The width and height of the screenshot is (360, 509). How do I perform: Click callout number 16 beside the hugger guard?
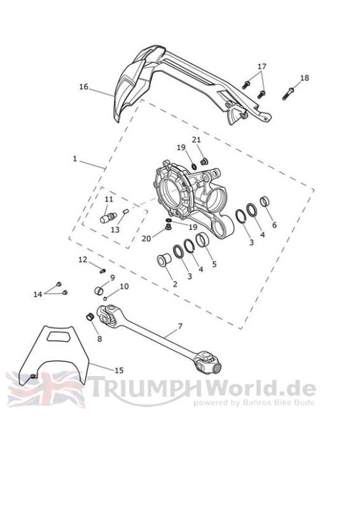pyautogui.click(x=83, y=87)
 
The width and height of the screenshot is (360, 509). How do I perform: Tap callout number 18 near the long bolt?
pyautogui.click(x=305, y=78)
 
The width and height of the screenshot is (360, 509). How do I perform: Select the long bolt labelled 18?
pyautogui.click(x=288, y=94)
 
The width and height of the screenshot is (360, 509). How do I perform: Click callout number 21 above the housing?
pyautogui.click(x=197, y=140)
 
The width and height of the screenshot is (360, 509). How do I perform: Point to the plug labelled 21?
pyautogui.click(x=204, y=161)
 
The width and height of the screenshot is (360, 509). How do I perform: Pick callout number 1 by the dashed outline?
pyautogui.click(x=75, y=158)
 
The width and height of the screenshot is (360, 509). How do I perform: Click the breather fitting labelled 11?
pyautogui.click(x=108, y=217)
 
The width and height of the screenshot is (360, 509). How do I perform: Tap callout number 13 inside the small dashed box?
pyautogui.click(x=115, y=230)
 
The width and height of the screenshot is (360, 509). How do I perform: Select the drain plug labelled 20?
pyautogui.click(x=168, y=227)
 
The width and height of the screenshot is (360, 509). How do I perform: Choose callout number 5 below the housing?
pyautogui.click(x=214, y=264)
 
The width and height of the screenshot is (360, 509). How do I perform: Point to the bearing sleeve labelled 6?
pyautogui.click(x=265, y=202)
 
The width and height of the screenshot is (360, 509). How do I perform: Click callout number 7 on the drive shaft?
pyautogui.click(x=180, y=326)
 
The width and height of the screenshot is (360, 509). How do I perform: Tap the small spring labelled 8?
pyautogui.click(x=90, y=316)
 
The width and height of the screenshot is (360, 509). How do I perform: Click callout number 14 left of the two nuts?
pyautogui.click(x=38, y=294)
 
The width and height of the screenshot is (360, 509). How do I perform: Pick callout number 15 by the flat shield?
pyautogui.click(x=119, y=370)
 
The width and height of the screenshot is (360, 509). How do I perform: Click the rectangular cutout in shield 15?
pyautogui.click(x=59, y=336)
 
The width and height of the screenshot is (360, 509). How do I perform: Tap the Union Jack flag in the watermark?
pyautogui.click(x=45, y=389)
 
